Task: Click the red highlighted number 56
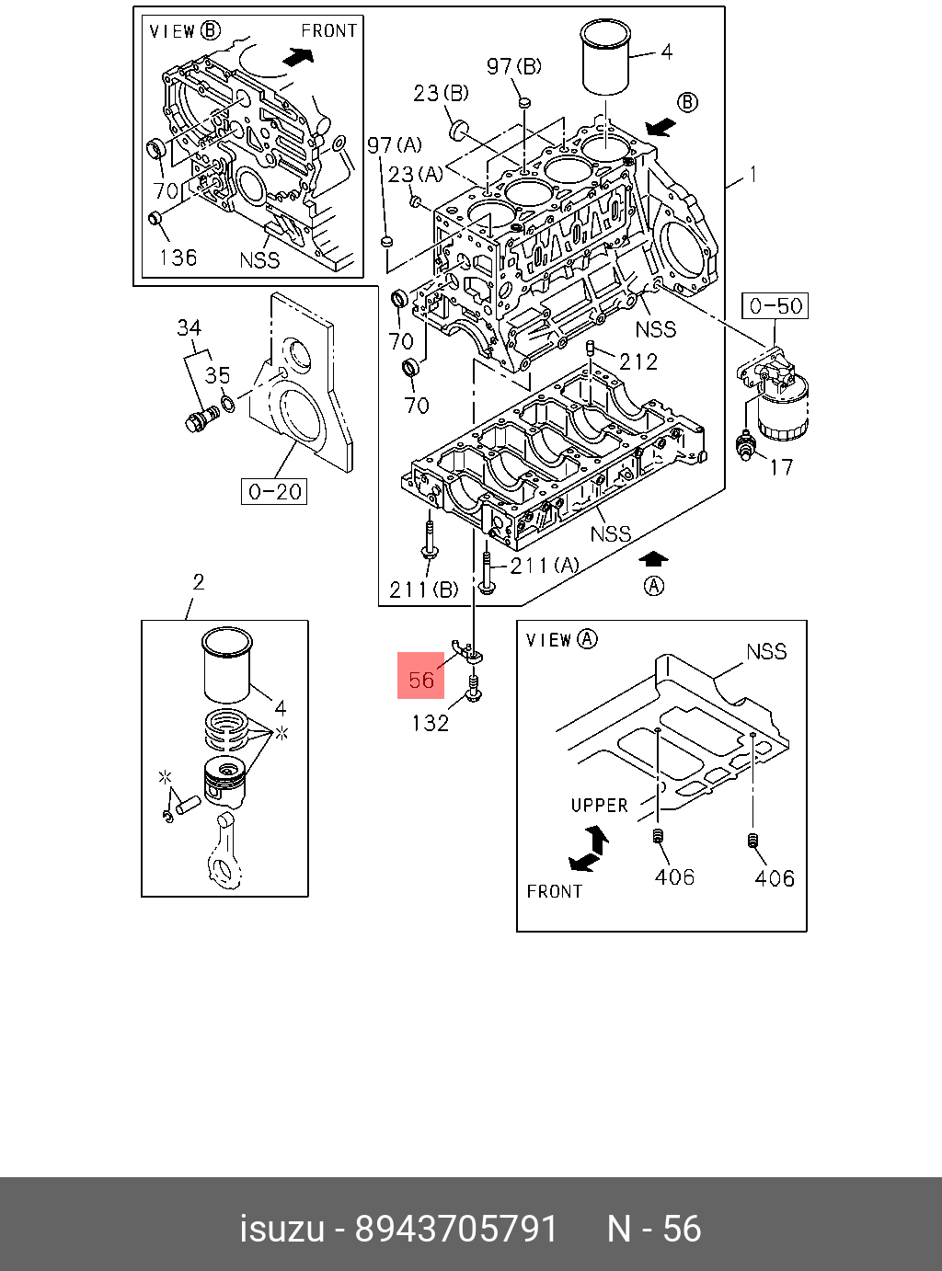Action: pos(421,679)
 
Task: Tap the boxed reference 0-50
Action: pos(775,305)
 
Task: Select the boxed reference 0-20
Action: pos(275,491)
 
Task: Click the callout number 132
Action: pos(430,723)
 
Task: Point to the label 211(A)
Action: pos(545,565)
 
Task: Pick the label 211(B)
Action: pos(423,590)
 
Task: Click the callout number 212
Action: pos(638,361)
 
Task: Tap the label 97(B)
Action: pos(514,65)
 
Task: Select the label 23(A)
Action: pos(415,173)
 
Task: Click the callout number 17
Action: pos(780,467)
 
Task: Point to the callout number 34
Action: pos(190,327)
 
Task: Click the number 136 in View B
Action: pos(178,257)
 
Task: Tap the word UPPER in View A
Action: pos(599,805)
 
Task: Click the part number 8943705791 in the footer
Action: pos(456,1229)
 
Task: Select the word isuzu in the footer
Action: pos(282,1229)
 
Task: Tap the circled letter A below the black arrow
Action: pos(654,586)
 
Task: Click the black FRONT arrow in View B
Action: pos(295,57)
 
